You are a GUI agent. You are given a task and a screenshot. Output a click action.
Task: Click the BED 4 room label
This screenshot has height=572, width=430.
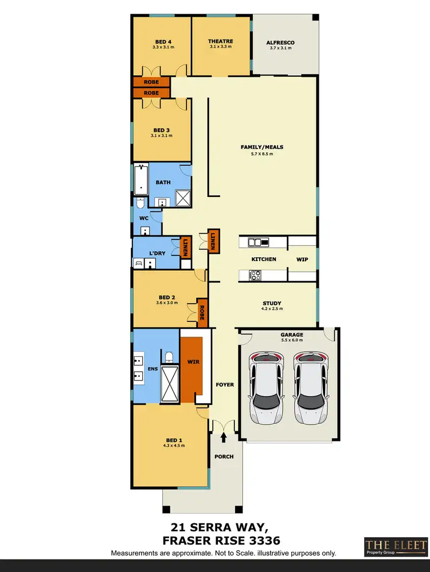[163, 41]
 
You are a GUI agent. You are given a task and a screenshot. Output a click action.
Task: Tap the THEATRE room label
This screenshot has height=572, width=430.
[221, 41]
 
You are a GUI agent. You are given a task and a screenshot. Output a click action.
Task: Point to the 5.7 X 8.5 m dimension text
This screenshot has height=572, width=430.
[262, 153]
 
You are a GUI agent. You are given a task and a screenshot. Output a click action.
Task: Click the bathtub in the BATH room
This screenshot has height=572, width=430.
[141, 179]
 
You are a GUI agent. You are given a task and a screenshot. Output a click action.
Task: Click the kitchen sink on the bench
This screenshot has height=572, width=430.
[258, 243]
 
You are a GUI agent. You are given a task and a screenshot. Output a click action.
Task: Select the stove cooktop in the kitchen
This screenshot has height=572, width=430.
[255, 275]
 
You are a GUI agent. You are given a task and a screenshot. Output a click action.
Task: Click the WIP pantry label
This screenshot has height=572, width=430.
[302, 259]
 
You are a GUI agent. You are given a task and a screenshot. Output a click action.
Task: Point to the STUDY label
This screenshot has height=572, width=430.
[271, 303]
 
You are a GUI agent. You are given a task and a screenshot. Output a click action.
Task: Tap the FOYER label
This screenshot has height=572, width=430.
[225, 385]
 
